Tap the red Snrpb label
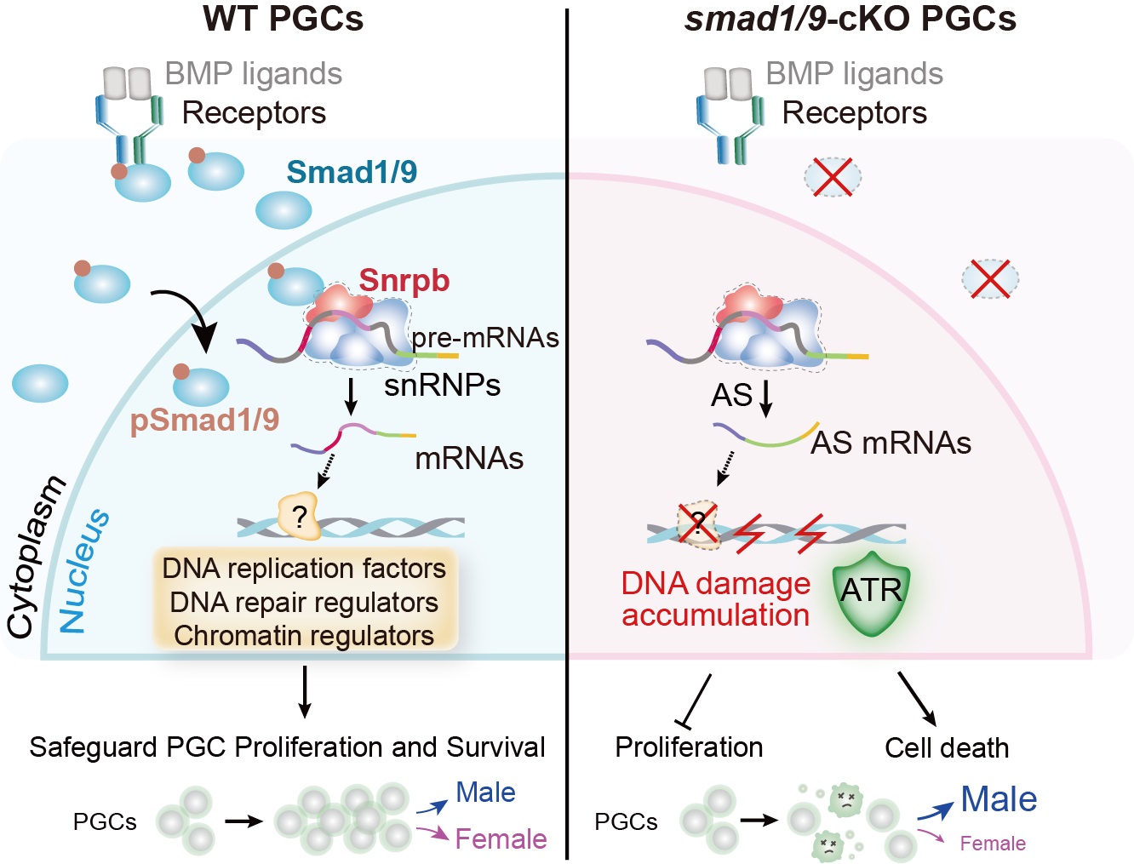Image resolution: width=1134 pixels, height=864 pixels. (x=404, y=280)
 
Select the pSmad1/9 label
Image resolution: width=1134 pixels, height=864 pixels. (x=204, y=420)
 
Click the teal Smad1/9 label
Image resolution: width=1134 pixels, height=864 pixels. (x=352, y=172)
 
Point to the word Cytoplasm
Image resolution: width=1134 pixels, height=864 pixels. (x=35, y=557)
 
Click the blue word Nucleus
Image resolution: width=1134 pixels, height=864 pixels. (x=83, y=570)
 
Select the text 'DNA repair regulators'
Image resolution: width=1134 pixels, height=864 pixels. (x=304, y=603)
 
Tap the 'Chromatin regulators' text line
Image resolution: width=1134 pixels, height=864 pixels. (x=304, y=636)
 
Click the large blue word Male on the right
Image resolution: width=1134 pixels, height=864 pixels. (x=999, y=799)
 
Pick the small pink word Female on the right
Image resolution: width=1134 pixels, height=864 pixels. (x=992, y=844)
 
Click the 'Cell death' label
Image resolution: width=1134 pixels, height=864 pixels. (x=947, y=747)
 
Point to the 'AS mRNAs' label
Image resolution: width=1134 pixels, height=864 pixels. (x=891, y=443)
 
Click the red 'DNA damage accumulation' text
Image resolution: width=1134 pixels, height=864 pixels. (x=715, y=599)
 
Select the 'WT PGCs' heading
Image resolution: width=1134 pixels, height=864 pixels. (x=283, y=19)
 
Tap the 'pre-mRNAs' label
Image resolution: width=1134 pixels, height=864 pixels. (x=485, y=338)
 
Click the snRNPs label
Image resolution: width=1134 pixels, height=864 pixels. (x=442, y=386)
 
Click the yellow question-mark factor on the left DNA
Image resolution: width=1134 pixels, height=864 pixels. (x=299, y=515)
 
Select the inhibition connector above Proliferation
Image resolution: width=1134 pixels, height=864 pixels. (x=697, y=701)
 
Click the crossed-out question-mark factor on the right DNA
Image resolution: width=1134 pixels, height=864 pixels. (x=697, y=524)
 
